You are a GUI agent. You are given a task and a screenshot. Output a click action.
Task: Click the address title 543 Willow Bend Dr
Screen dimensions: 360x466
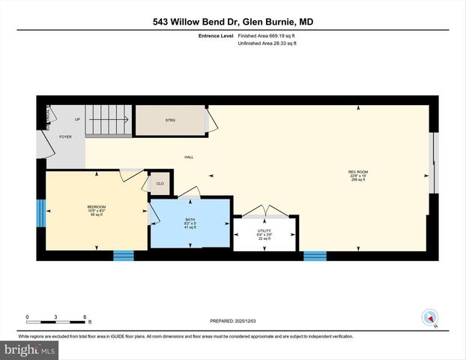pos(232,22)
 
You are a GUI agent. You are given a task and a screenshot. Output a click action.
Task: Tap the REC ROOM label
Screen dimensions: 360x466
pos(358,172)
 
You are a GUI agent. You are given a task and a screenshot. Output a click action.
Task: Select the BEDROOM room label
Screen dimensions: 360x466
pos(96,207)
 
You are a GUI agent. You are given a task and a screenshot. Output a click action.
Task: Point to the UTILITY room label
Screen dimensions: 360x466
pos(264,231)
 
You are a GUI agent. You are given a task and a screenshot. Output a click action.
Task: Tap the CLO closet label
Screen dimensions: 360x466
pos(160,183)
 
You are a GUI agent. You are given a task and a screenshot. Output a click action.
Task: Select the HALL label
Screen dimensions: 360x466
pos(190,157)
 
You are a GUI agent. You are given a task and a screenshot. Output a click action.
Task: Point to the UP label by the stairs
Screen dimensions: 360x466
pos(76,119)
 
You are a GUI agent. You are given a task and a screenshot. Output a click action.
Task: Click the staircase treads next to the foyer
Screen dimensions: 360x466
pos(107,120)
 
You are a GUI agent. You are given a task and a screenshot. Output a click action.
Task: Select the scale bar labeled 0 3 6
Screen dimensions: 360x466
pos(58,319)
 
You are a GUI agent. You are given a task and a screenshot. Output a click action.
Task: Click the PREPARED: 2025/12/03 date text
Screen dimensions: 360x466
pos(232,321)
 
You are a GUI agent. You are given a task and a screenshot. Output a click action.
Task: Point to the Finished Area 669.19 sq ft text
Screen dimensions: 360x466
pos(267,35)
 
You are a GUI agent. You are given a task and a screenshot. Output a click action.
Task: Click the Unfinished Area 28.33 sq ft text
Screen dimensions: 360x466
pos(267,43)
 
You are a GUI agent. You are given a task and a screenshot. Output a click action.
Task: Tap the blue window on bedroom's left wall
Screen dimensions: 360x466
pos(40,212)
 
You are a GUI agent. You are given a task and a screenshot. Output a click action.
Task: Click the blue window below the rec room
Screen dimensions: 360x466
pos(315,256)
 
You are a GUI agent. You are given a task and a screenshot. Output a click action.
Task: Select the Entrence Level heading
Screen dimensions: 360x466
pos(215,35)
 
